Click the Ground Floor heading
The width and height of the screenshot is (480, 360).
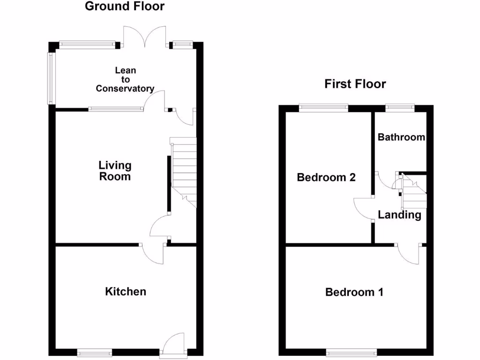tap(125, 6)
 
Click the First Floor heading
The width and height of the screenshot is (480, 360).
tap(355, 84)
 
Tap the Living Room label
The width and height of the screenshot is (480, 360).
tap(115, 171)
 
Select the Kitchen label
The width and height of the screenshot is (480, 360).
tap(125, 292)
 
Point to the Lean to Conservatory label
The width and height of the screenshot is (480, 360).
tap(125, 79)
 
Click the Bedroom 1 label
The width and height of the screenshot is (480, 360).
tap(354, 292)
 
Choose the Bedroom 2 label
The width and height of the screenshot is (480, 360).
tap(326, 178)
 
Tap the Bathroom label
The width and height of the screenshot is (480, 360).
tap(401, 137)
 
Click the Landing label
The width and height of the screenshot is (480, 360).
tap(399, 215)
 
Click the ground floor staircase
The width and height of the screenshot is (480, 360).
tap(183, 171)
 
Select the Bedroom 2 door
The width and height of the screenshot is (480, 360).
tap(363, 208)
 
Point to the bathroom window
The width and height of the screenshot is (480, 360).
tap(400, 108)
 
